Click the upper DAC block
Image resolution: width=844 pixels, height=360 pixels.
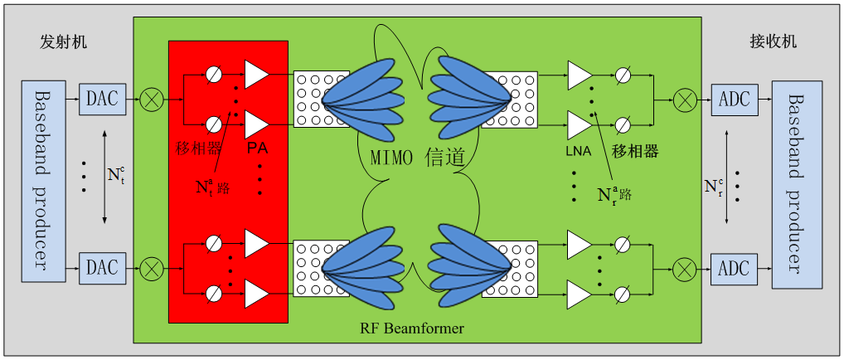103,100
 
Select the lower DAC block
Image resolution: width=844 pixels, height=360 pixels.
103,268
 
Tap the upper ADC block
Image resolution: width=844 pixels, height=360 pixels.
735,100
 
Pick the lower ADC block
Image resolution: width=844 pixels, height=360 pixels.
735,268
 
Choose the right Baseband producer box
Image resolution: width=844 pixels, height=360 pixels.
797,183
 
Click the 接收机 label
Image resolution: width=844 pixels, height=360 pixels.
773,41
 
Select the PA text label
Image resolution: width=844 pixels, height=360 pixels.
256,149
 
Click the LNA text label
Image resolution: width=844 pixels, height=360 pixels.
578,149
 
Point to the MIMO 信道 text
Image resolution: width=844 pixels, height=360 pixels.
415,155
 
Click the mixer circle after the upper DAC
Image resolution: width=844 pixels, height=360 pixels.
152,100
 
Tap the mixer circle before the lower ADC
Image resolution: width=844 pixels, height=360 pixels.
685,268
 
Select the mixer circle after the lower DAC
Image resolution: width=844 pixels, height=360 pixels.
152,268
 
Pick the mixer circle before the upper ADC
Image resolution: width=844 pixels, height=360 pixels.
685,100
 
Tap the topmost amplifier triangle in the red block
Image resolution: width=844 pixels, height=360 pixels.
256,74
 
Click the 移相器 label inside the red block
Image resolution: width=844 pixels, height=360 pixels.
196,149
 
